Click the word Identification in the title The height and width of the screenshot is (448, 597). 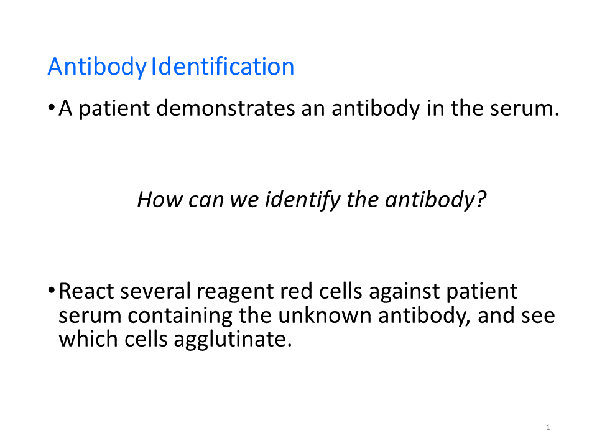pos(223,67)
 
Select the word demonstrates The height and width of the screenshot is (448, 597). pos(225,108)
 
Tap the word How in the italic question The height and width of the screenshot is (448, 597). pos(160,199)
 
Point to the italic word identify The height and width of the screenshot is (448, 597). pos(303,200)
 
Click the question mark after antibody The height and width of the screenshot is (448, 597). pos(481,199)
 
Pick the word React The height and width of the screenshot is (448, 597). pos(86,291)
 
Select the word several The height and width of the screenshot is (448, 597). pos(155,291)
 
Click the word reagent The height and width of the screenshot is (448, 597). pos(235,293)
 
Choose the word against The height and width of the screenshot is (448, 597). pos(404,292)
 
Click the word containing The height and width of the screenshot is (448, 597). pos(180,317)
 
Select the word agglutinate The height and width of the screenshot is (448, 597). pos(233,340)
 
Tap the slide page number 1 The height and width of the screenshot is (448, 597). pos(548,427)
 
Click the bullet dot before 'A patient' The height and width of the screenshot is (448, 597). pos(51,108)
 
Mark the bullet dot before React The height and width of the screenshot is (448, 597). pos(51,291)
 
